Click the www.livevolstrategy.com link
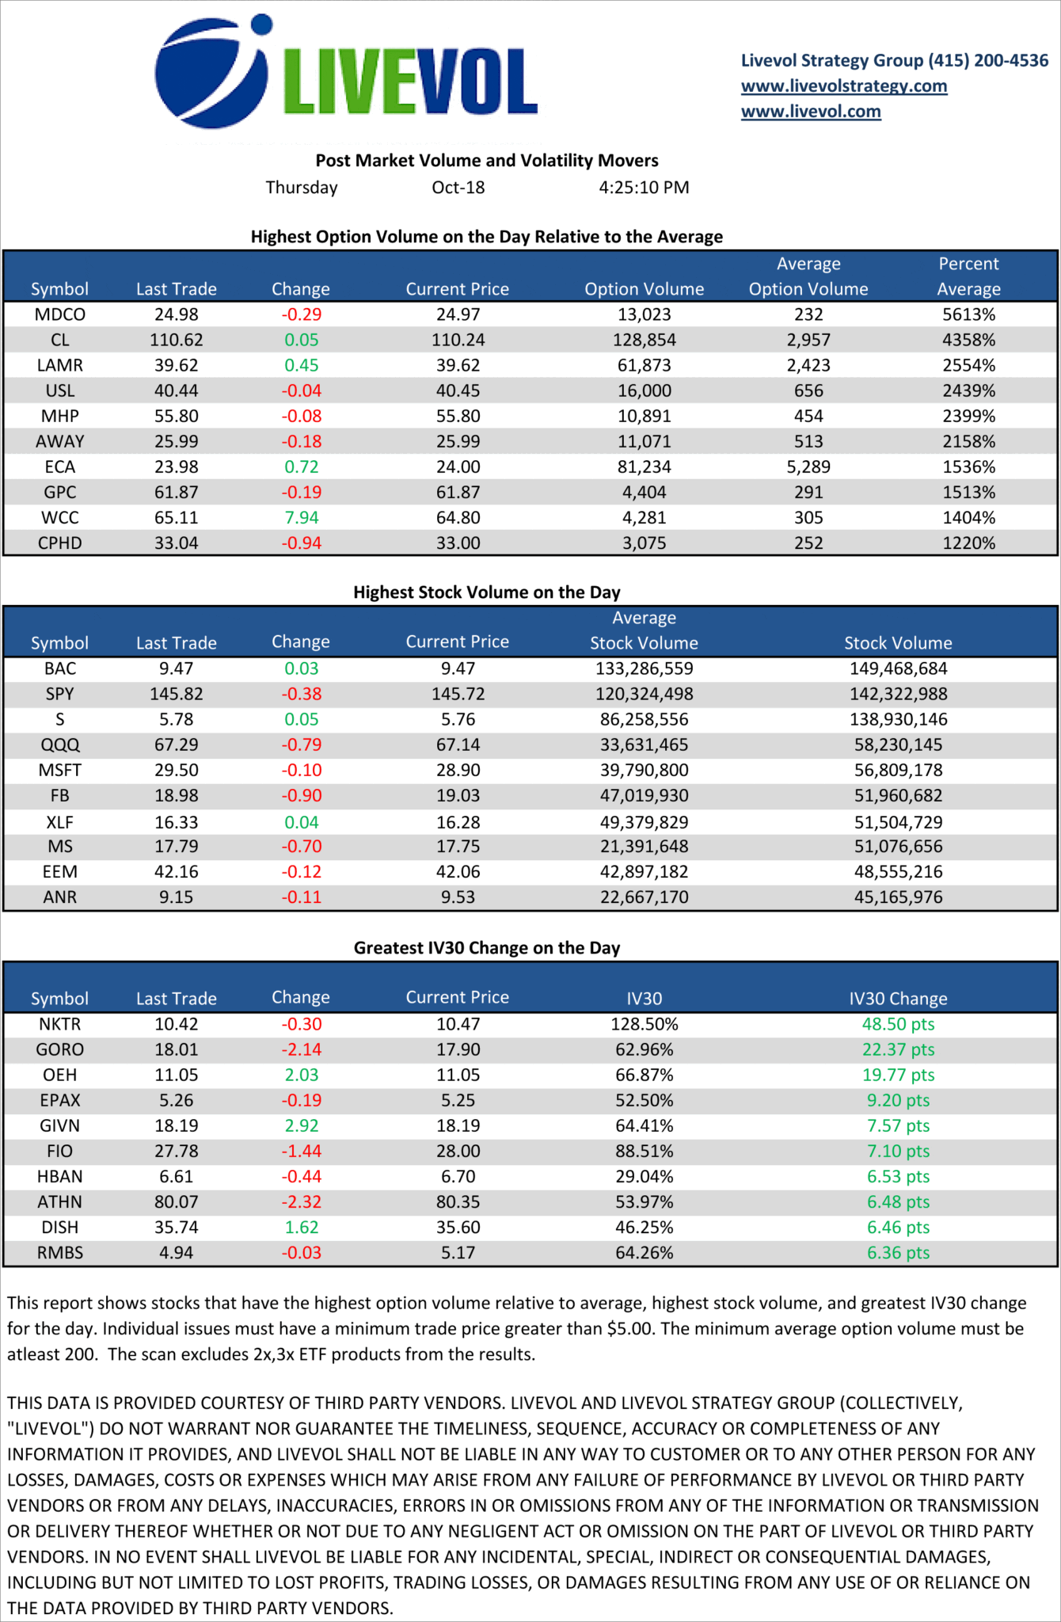(x=843, y=86)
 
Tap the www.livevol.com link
(x=811, y=111)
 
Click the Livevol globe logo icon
(x=212, y=72)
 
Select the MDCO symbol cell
(x=60, y=314)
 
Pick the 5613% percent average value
(x=968, y=314)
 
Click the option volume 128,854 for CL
(x=644, y=340)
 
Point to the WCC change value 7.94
(x=301, y=517)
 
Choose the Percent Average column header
(x=968, y=276)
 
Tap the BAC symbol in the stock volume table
(x=60, y=668)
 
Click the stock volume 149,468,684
(x=898, y=668)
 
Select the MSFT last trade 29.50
(x=176, y=770)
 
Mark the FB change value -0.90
(x=301, y=795)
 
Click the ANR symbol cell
(x=60, y=897)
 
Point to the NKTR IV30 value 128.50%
(x=644, y=1024)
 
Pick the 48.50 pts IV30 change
(x=898, y=1024)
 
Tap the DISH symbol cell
(x=60, y=1227)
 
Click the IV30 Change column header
(x=898, y=998)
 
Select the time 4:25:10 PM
(x=644, y=188)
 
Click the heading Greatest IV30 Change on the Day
(x=486, y=947)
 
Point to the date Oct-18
(x=458, y=188)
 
